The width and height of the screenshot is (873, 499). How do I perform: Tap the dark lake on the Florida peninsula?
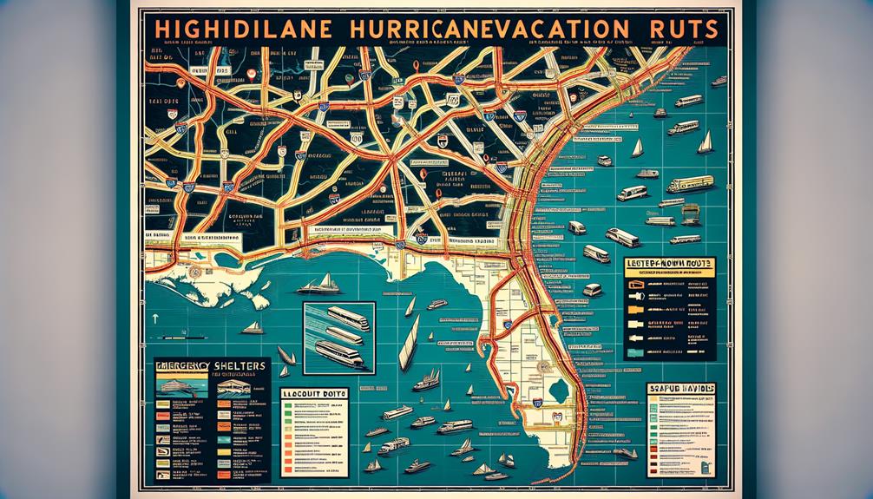[x=546, y=367]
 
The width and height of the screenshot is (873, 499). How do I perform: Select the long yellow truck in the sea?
[x=691, y=184]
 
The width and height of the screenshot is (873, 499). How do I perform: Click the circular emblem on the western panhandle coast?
[x=196, y=271]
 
